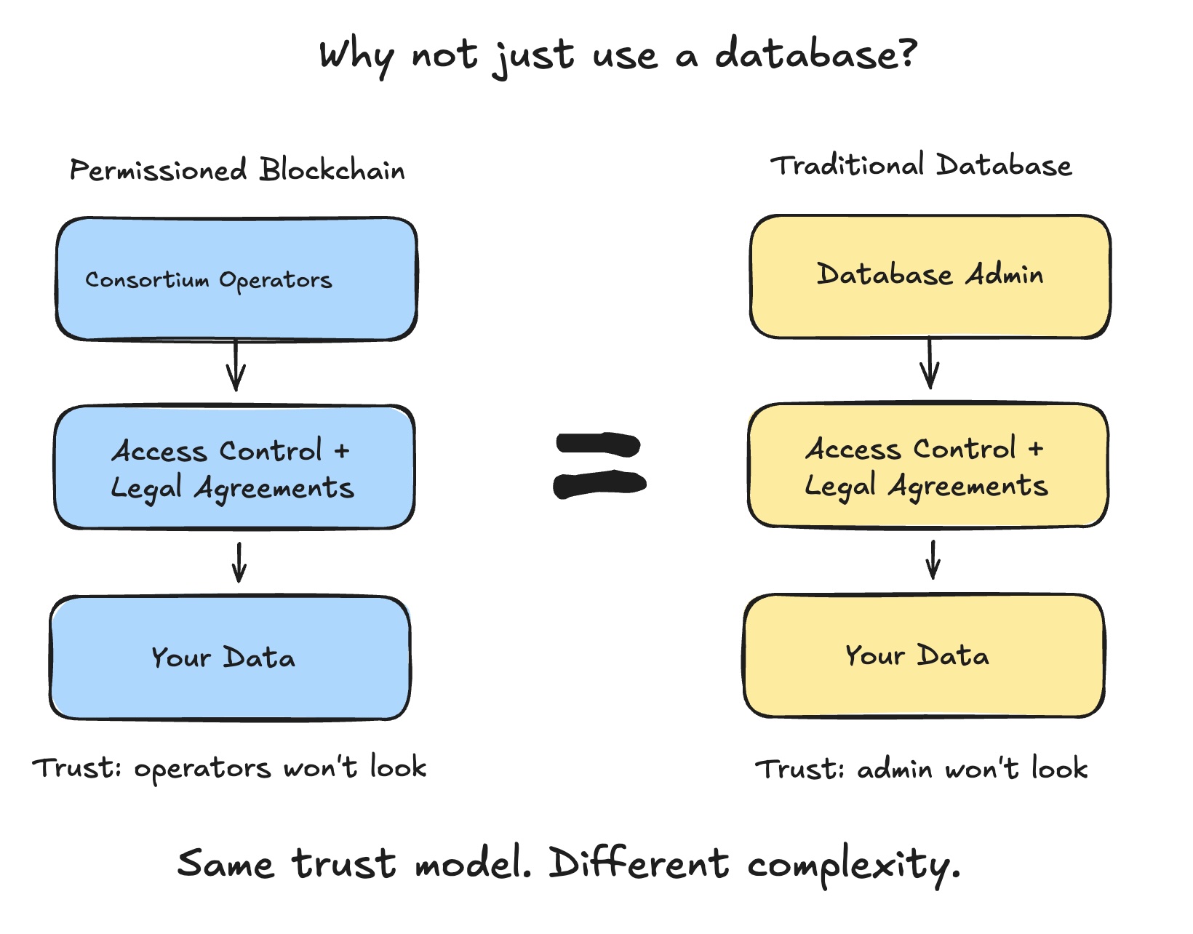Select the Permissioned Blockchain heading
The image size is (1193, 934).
pyautogui.click(x=237, y=170)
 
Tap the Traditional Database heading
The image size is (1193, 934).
pyautogui.click(x=921, y=166)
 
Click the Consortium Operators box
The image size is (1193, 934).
pyautogui.click(x=236, y=279)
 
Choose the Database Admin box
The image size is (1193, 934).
pyautogui.click(x=930, y=276)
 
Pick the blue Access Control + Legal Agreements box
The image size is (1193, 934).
pyautogui.click(x=234, y=468)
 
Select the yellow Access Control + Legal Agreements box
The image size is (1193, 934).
pyautogui.click(x=927, y=466)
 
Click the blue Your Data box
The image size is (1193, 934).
pyautogui.click(x=230, y=658)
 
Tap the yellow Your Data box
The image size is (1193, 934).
pyautogui.click(x=924, y=656)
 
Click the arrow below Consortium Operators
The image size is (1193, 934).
pyautogui.click(x=235, y=366)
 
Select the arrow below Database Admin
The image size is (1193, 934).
pyautogui.click(x=930, y=364)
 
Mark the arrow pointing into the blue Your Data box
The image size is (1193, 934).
pyautogui.click(x=239, y=562)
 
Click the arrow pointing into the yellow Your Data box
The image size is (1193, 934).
pyautogui.click(x=933, y=560)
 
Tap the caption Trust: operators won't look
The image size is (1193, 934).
pyautogui.click(x=229, y=768)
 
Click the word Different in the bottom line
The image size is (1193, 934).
pyautogui.click(x=638, y=863)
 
